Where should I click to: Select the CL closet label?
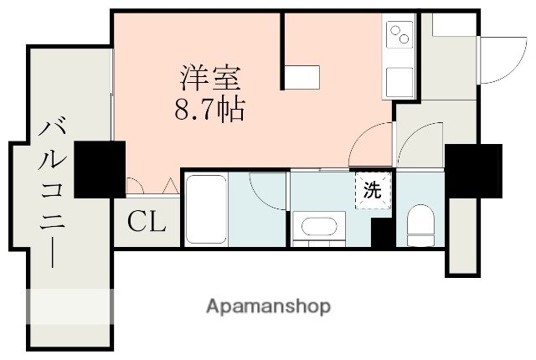tap(147, 221)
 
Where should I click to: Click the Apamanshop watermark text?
tap(268, 306)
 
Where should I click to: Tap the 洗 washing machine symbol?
tap(373, 189)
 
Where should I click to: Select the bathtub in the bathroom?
tap(203, 209)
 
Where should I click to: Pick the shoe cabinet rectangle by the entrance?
tap(453, 25)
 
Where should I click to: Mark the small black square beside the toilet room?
tap(383, 233)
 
